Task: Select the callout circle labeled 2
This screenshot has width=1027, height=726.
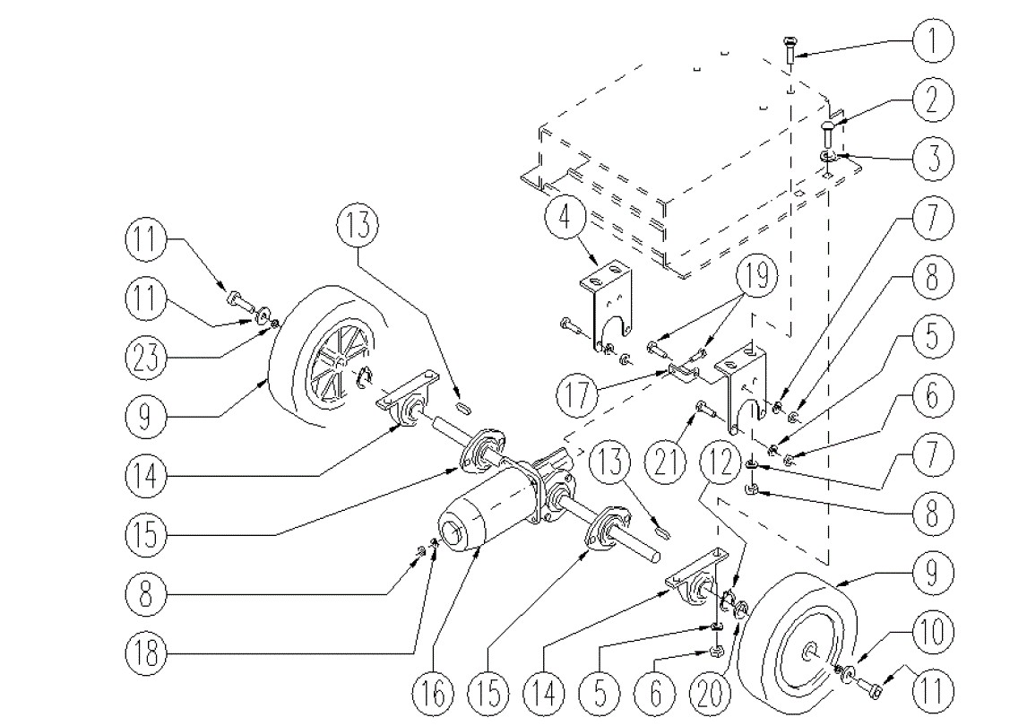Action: pos(932,100)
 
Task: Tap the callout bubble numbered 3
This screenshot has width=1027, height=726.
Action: pos(932,159)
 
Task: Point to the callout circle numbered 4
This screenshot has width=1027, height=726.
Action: pos(567,219)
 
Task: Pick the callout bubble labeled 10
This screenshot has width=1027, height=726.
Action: pos(932,633)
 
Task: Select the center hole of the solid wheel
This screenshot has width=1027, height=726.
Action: pos(809,652)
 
